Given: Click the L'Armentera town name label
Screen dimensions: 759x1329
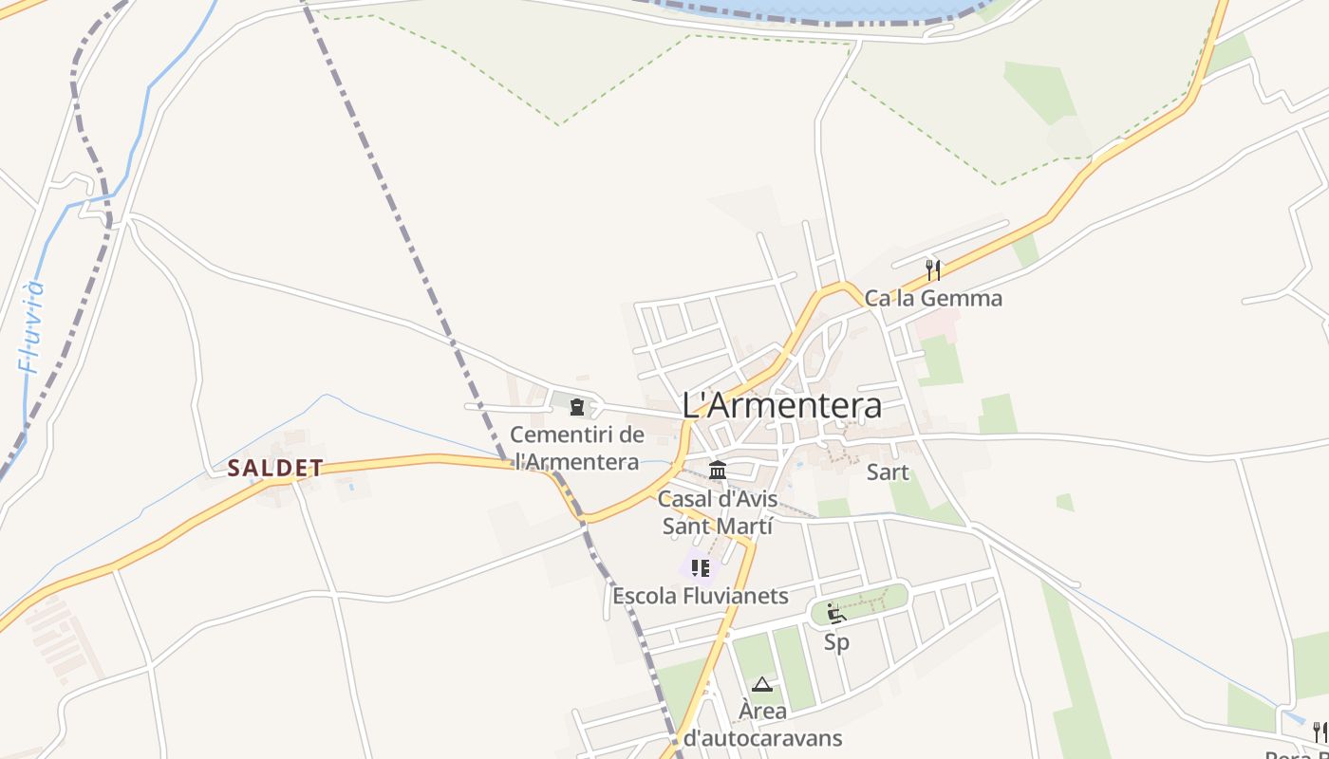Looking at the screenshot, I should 781,405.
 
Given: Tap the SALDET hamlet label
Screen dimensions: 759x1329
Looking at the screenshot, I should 275,468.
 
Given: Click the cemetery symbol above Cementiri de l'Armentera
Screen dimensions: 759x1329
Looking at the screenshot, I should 576,407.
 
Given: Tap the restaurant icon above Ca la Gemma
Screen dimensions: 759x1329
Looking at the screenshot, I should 933,269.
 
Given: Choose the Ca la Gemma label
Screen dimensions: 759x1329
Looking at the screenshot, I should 932,298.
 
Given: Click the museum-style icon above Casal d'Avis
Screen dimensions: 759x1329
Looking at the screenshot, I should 718,470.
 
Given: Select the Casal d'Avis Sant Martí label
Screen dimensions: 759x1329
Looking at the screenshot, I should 718,511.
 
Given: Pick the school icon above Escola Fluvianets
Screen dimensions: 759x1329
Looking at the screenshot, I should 701,567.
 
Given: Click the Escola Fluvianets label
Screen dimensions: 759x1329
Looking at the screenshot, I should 701,596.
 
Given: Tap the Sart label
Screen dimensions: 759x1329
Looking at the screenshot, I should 888,472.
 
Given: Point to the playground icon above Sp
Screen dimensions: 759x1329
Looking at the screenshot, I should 835,613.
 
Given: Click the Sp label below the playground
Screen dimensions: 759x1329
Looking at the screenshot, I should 836,642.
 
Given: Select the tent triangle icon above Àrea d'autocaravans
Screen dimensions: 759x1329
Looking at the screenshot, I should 762,683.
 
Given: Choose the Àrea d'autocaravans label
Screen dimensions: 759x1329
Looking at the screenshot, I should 762,724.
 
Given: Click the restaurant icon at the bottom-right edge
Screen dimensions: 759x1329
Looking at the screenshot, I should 1320,731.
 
